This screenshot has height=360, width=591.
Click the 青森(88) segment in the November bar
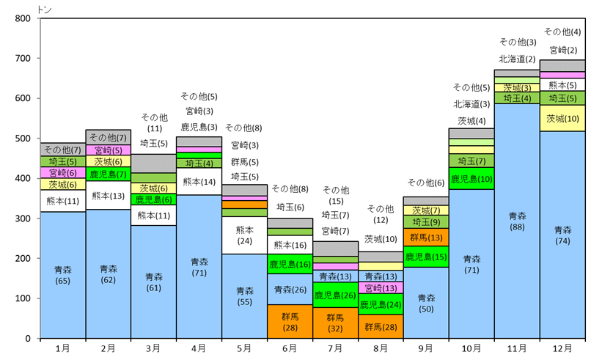click(x=517, y=221)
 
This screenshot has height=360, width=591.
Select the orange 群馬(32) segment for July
click(x=335, y=323)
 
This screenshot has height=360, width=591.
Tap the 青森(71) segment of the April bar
click(x=199, y=266)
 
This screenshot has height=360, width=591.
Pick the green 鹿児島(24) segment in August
click(x=381, y=304)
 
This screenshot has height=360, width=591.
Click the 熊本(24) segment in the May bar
click(x=244, y=235)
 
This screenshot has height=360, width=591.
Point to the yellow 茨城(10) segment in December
click(x=562, y=118)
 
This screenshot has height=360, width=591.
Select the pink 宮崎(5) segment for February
click(x=108, y=150)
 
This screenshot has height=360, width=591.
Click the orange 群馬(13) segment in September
click(x=426, y=238)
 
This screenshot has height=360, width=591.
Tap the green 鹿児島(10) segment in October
click(x=471, y=178)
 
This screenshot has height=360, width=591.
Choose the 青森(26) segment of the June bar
click(x=290, y=289)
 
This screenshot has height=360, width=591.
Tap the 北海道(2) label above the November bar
click(x=518, y=59)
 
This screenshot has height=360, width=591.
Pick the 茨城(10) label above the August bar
click(x=381, y=239)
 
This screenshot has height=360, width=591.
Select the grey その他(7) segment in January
click(x=62, y=150)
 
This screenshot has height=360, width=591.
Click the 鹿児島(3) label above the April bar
click(x=199, y=127)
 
